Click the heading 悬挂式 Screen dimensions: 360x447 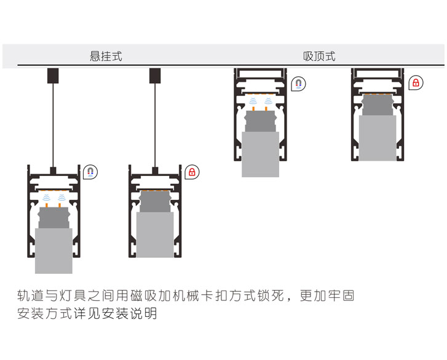(x=106, y=56)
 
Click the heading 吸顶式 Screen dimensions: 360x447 (x=319, y=56)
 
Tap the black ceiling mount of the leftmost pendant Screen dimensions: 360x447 (x=53, y=76)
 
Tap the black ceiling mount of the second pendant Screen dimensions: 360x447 (x=155, y=76)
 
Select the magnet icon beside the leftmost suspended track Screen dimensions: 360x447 (x=91, y=172)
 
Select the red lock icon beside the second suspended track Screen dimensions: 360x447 (x=192, y=172)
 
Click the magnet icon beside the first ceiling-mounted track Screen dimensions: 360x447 (x=298, y=84)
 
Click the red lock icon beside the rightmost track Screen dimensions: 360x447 (x=416, y=82)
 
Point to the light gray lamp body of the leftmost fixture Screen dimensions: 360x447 (x=53, y=250)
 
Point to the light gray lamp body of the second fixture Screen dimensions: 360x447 (x=155, y=234)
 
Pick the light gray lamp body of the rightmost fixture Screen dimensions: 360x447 (x=377, y=138)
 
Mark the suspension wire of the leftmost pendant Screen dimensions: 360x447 (x=53, y=123)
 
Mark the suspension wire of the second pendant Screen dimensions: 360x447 (x=155, y=123)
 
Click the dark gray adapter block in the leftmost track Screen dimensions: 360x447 (x=53, y=218)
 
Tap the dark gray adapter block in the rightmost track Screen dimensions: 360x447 (x=377, y=105)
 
